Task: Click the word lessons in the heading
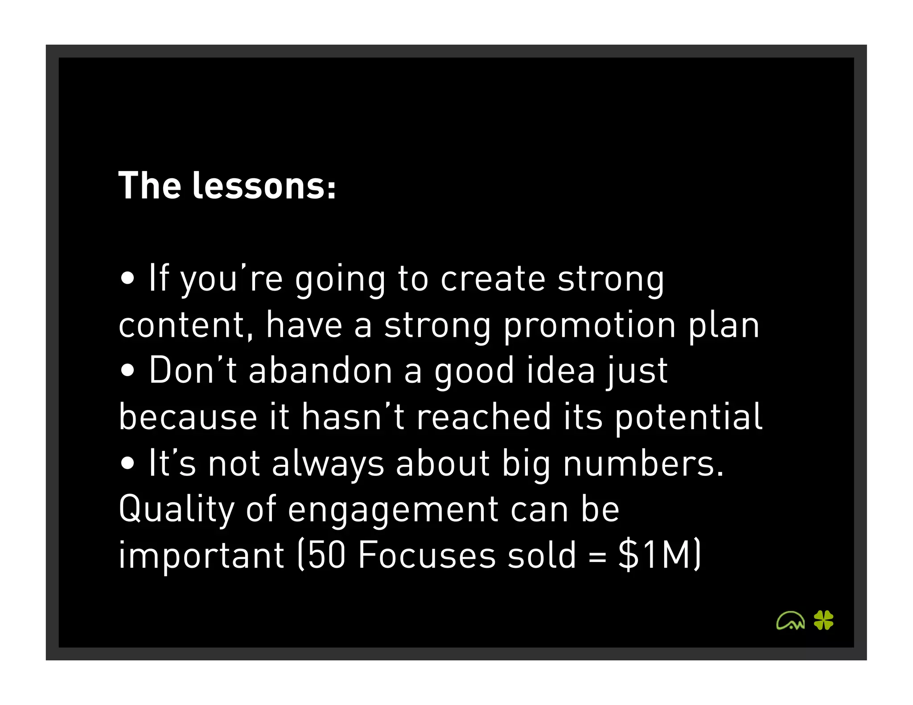tap(264, 186)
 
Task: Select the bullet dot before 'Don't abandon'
tap(127, 371)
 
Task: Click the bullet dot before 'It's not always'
tap(127, 463)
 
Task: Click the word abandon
tap(320, 371)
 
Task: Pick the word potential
tap(689, 417)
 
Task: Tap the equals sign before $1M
tap(597, 557)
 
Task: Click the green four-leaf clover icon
tap(823, 620)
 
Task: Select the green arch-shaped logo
tap(790, 621)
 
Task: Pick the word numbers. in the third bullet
tap(643, 463)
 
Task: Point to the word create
tap(493, 279)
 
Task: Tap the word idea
tap(561, 371)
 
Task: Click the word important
tap(201, 556)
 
